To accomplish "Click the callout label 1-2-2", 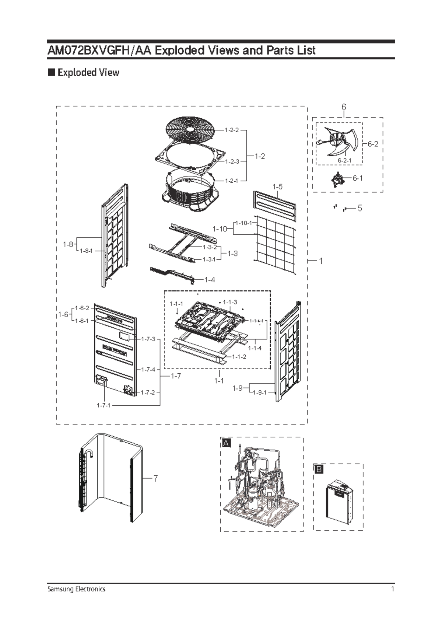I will coord(232,130).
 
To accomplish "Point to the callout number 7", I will coord(155,478).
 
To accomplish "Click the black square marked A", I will coord(226,443).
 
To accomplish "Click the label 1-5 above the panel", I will coord(277,187).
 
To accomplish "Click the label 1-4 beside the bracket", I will coord(210,280).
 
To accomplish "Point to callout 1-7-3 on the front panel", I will coord(148,339).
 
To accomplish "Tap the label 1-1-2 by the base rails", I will coord(239,357).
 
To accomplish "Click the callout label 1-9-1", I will coord(260,393).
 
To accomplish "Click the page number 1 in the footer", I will coord(393,589).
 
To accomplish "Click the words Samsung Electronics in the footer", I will coord(76,589).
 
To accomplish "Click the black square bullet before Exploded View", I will coord(51,72).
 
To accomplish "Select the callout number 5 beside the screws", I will coord(359,208).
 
